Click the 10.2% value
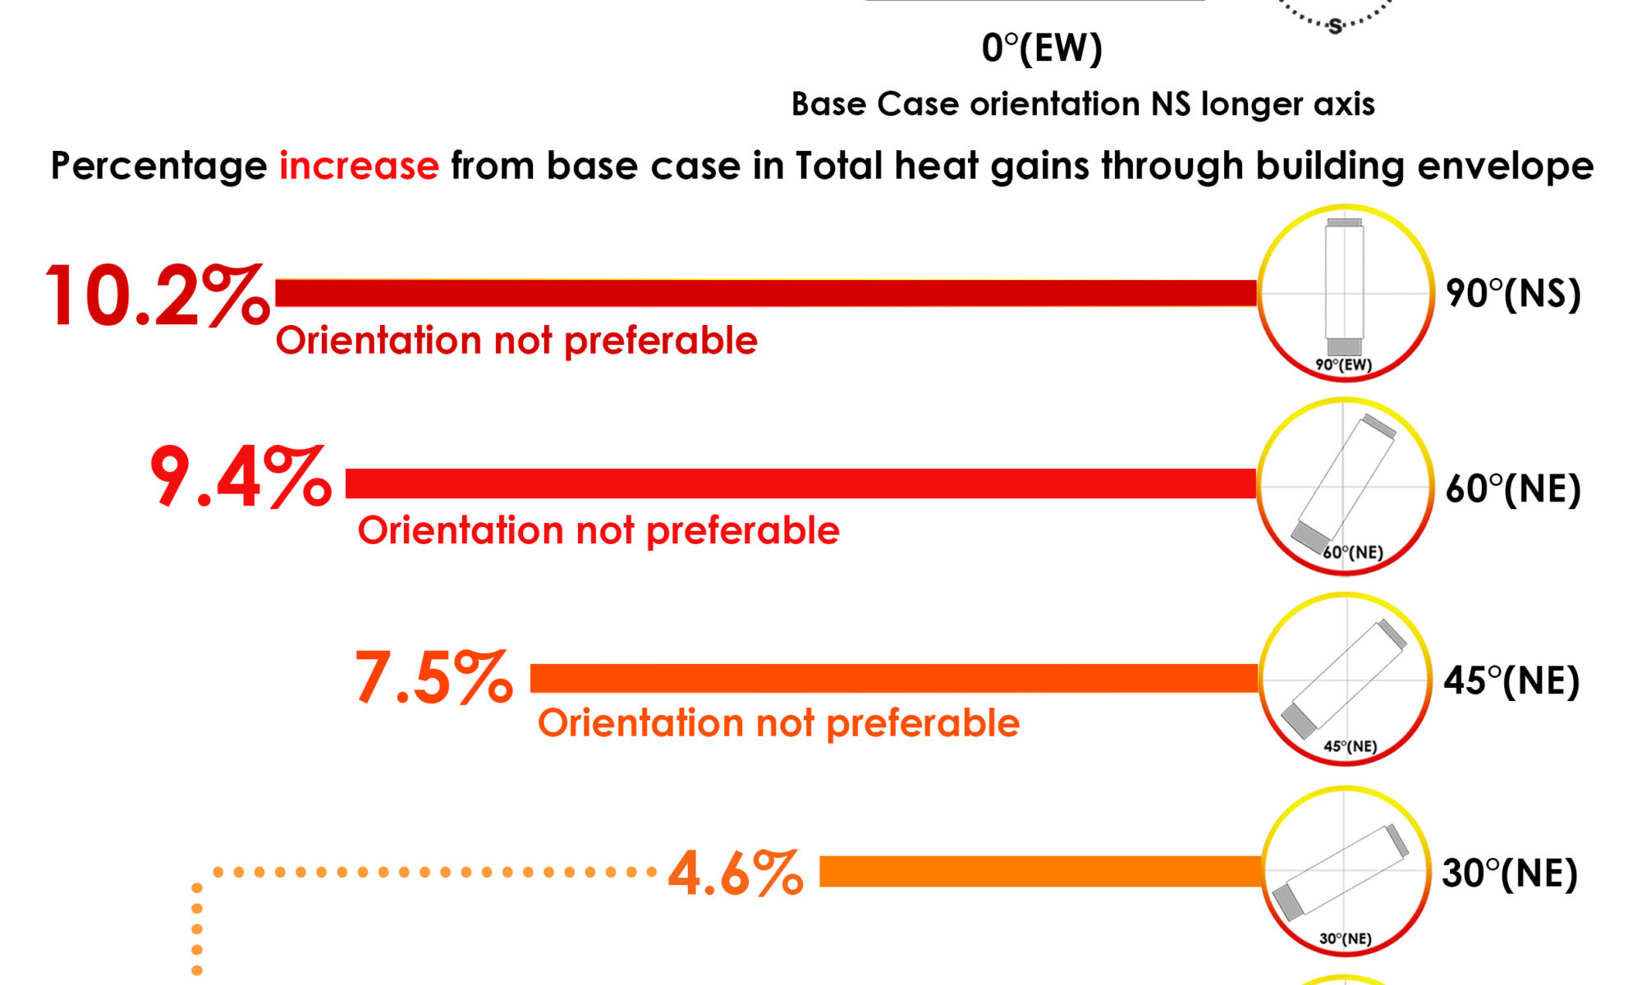tap(156, 295)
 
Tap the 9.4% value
tap(241, 478)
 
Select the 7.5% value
tap(433, 679)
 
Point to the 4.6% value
tap(736, 873)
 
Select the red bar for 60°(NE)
tap(800, 483)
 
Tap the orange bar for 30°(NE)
tap(1039, 872)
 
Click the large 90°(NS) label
tap(1513, 294)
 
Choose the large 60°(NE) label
tap(1513, 489)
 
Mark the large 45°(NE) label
tap(1511, 681)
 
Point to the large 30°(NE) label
tap(1510, 873)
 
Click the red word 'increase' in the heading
tap(359, 166)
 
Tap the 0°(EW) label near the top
tap(1042, 48)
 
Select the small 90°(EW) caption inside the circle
tap(1343, 364)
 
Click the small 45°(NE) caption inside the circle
tap(1350, 746)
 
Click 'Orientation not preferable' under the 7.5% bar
tap(778, 723)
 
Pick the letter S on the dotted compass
tap(1336, 26)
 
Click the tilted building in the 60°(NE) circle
tap(1345, 484)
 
